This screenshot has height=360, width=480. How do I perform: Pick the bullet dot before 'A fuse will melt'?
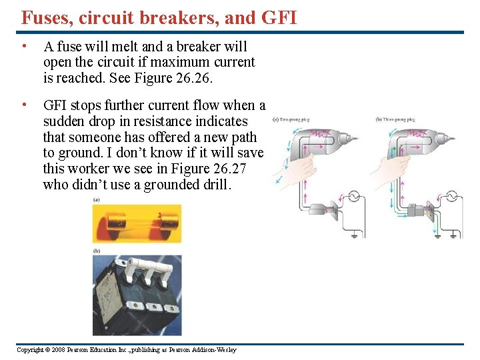[24, 47]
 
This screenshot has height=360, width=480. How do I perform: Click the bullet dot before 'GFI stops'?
[24, 105]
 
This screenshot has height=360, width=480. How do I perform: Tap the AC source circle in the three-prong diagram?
[451, 197]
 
